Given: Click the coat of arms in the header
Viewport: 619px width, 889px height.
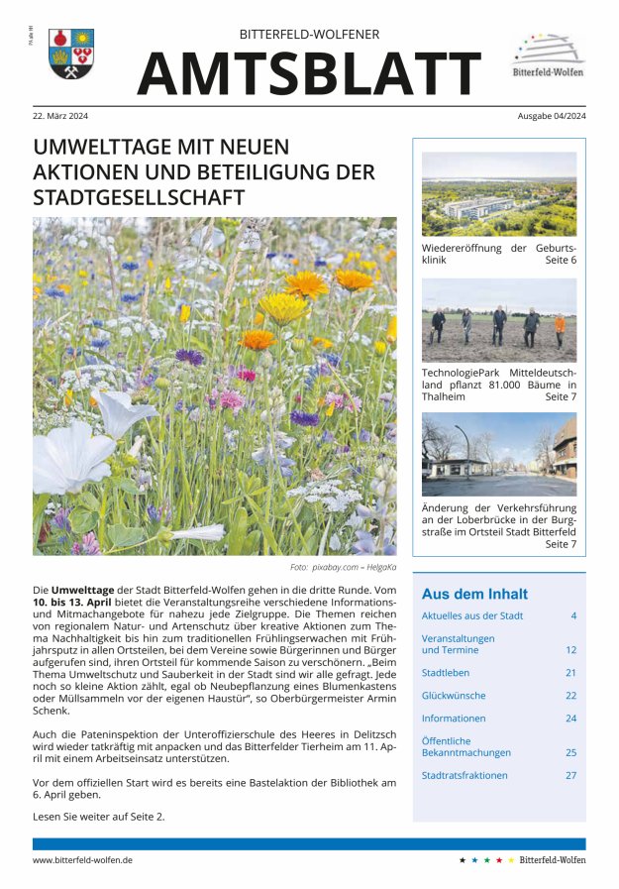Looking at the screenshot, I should point(71,54).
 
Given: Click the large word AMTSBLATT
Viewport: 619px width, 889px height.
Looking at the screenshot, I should point(309,73).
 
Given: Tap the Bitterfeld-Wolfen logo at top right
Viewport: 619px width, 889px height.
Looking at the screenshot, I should point(547,56).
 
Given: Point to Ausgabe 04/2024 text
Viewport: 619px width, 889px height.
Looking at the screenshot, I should point(551,116).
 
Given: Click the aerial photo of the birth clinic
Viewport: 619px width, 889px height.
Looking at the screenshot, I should point(498,193).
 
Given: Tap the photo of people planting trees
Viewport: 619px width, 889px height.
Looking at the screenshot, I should point(498,320).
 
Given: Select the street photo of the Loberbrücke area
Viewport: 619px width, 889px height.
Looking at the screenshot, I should point(498,455).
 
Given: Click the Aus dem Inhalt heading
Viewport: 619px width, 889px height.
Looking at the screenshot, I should point(474,595).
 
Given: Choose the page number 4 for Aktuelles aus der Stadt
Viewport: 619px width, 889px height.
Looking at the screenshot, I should point(572,616).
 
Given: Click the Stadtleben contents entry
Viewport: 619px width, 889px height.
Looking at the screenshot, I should point(445,673).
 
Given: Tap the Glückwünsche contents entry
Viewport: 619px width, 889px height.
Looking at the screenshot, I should point(454,696).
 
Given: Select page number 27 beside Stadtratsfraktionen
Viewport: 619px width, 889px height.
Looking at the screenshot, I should point(570,776).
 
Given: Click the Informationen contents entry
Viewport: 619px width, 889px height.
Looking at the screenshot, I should point(454,719).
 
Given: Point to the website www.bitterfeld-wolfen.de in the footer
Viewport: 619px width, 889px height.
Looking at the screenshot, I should point(83,860).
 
